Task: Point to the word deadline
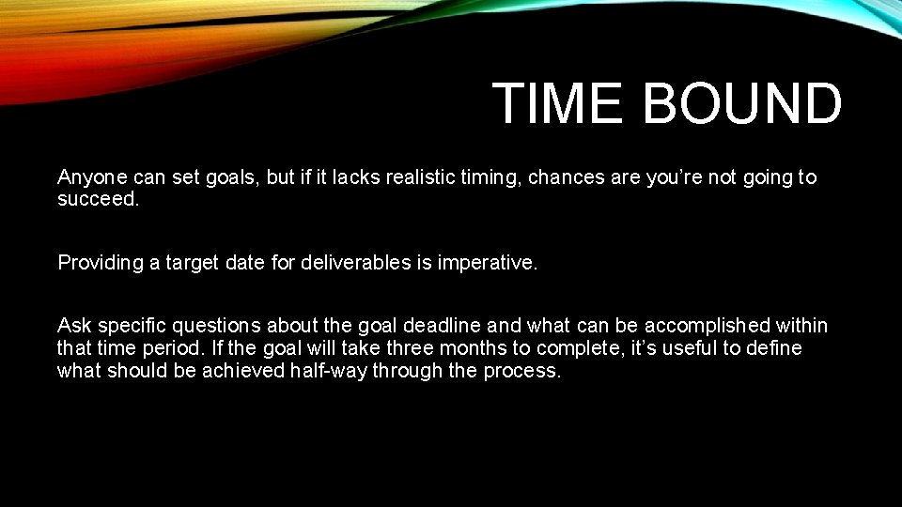pyautogui.click(x=443, y=326)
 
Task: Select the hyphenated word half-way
pyautogui.click(x=334, y=370)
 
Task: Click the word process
pyautogui.click(x=521, y=371)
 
